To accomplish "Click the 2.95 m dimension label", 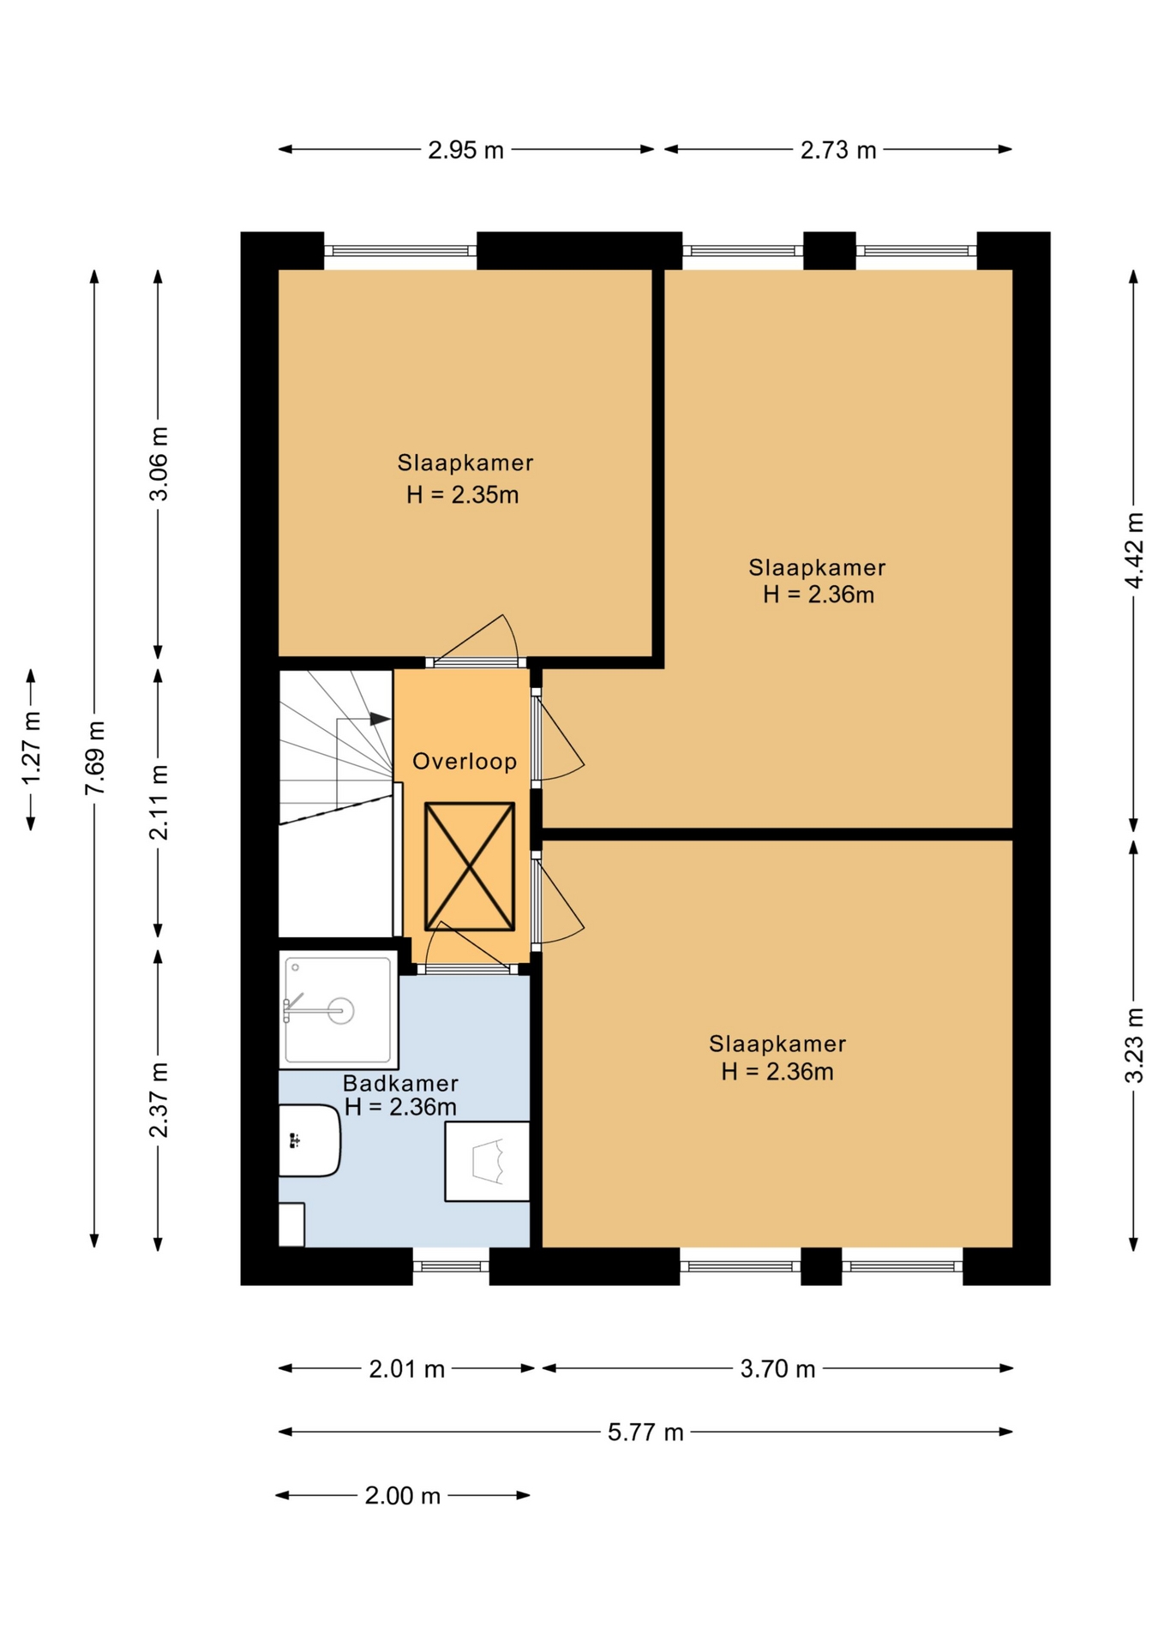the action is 465,150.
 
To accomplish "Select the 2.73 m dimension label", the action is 838,150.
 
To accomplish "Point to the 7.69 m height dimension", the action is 94,758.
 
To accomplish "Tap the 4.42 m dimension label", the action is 1134,551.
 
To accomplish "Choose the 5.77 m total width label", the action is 645,1433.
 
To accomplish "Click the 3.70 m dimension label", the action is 777,1369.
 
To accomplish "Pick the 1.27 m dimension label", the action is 31,747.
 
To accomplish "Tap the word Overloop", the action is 465,762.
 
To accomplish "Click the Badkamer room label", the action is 400,1083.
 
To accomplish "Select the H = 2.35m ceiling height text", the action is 462,495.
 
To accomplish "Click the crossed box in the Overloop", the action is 470,866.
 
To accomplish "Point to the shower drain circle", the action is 342,1011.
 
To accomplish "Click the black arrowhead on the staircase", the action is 380,719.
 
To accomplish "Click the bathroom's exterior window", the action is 451,1266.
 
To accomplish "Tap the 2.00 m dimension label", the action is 402,1496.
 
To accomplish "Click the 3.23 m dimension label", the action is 1134,1045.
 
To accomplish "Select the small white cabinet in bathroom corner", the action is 291,1224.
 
